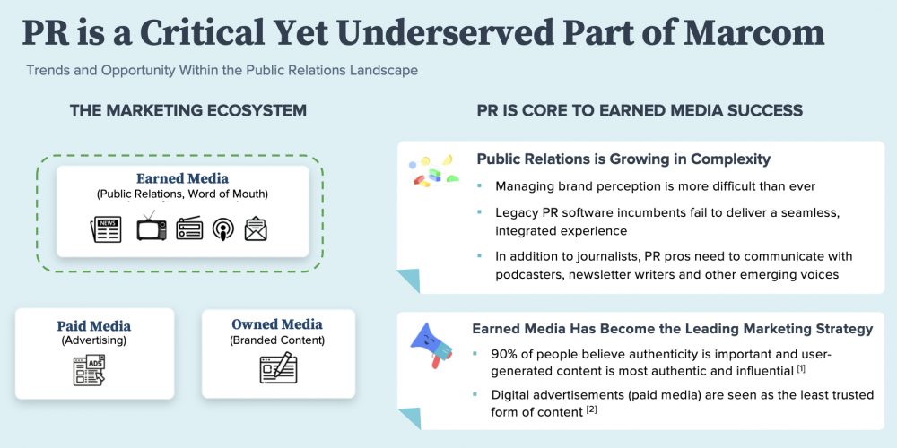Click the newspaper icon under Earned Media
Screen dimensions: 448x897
tap(106, 229)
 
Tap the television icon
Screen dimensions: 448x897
tap(151, 228)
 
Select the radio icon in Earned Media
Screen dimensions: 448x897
tap(190, 229)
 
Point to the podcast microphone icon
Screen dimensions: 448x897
tap(222, 229)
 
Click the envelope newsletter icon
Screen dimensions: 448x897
tap(256, 229)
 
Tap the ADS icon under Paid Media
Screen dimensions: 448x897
tap(89, 369)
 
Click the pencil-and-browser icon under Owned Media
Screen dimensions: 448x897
tap(277, 367)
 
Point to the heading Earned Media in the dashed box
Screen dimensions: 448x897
tap(182, 178)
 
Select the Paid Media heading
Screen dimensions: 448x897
tap(94, 325)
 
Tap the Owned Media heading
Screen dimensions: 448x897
tap(276, 324)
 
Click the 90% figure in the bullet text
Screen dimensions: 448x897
tap(510, 353)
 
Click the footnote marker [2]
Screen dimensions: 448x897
tap(591, 409)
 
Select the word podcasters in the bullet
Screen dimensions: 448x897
tap(532, 274)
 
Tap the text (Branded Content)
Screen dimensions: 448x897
tap(276, 340)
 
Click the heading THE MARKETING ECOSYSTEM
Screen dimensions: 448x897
tap(188, 110)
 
